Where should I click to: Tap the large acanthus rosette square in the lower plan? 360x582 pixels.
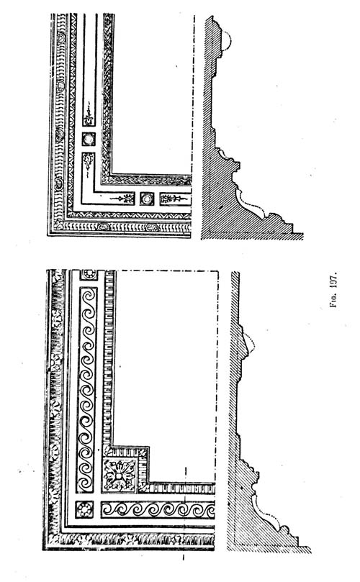coord(119,476)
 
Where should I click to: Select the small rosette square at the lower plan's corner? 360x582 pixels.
coord(85,509)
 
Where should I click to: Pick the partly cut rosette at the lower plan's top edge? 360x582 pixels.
coord(89,275)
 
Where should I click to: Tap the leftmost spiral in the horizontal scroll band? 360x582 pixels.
coord(112,509)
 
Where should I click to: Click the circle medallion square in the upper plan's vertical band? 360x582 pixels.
coord(89,139)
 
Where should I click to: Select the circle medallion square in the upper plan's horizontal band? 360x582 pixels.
coord(147,199)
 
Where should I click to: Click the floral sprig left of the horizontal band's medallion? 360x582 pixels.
coord(122,199)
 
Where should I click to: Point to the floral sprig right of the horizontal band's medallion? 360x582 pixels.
coord(176,199)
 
